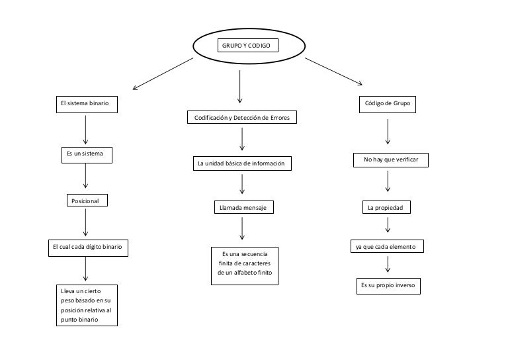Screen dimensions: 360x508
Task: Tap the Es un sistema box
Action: click(x=86, y=154)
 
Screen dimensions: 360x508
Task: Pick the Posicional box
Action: click(x=85, y=201)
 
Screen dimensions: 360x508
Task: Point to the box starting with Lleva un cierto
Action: click(x=86, y=305)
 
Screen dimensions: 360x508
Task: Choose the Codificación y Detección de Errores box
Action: click(x=241, y=118)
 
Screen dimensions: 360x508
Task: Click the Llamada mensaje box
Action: click(x=243, y=208)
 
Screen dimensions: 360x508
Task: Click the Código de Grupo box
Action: click(x=388, y=105)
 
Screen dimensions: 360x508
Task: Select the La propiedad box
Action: click(x=386, y=208)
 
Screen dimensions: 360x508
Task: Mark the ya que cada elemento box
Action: click(x=386, y=247)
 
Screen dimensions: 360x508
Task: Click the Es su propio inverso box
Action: click(x=388, y=287)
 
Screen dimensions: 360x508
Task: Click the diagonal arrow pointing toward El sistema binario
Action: click(x=163, y=73)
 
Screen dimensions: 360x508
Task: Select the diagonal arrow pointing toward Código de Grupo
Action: click(x=334, y=71)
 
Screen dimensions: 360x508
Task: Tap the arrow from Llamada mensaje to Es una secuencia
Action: click(x=243, y=228)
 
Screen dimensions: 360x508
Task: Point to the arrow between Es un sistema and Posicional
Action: click(x=85, y=177)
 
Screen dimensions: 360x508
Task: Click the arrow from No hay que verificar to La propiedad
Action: click(x=388, y=181)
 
